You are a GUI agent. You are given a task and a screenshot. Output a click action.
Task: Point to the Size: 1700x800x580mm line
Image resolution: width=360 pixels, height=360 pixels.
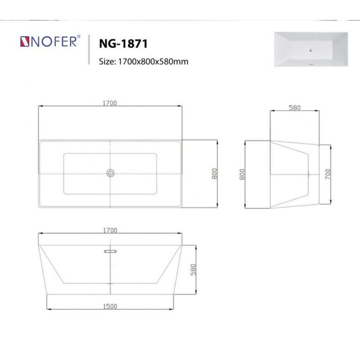pos(143,61)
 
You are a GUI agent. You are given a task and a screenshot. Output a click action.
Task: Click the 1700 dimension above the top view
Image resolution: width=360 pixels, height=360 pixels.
pos(110,103)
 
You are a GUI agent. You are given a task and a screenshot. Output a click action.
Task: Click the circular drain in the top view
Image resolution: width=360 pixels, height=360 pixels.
pos(110,173)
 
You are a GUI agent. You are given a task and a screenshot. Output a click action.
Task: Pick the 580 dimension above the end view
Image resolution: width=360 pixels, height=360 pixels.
pos(294,108)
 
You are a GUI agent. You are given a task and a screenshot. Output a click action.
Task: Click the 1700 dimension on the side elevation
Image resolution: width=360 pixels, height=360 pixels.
pos(110,230)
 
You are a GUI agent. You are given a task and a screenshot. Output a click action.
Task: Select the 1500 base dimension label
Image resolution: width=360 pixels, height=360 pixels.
pos(110,306)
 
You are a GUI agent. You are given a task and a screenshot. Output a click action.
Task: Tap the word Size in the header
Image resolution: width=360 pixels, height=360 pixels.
pos(107,61)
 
